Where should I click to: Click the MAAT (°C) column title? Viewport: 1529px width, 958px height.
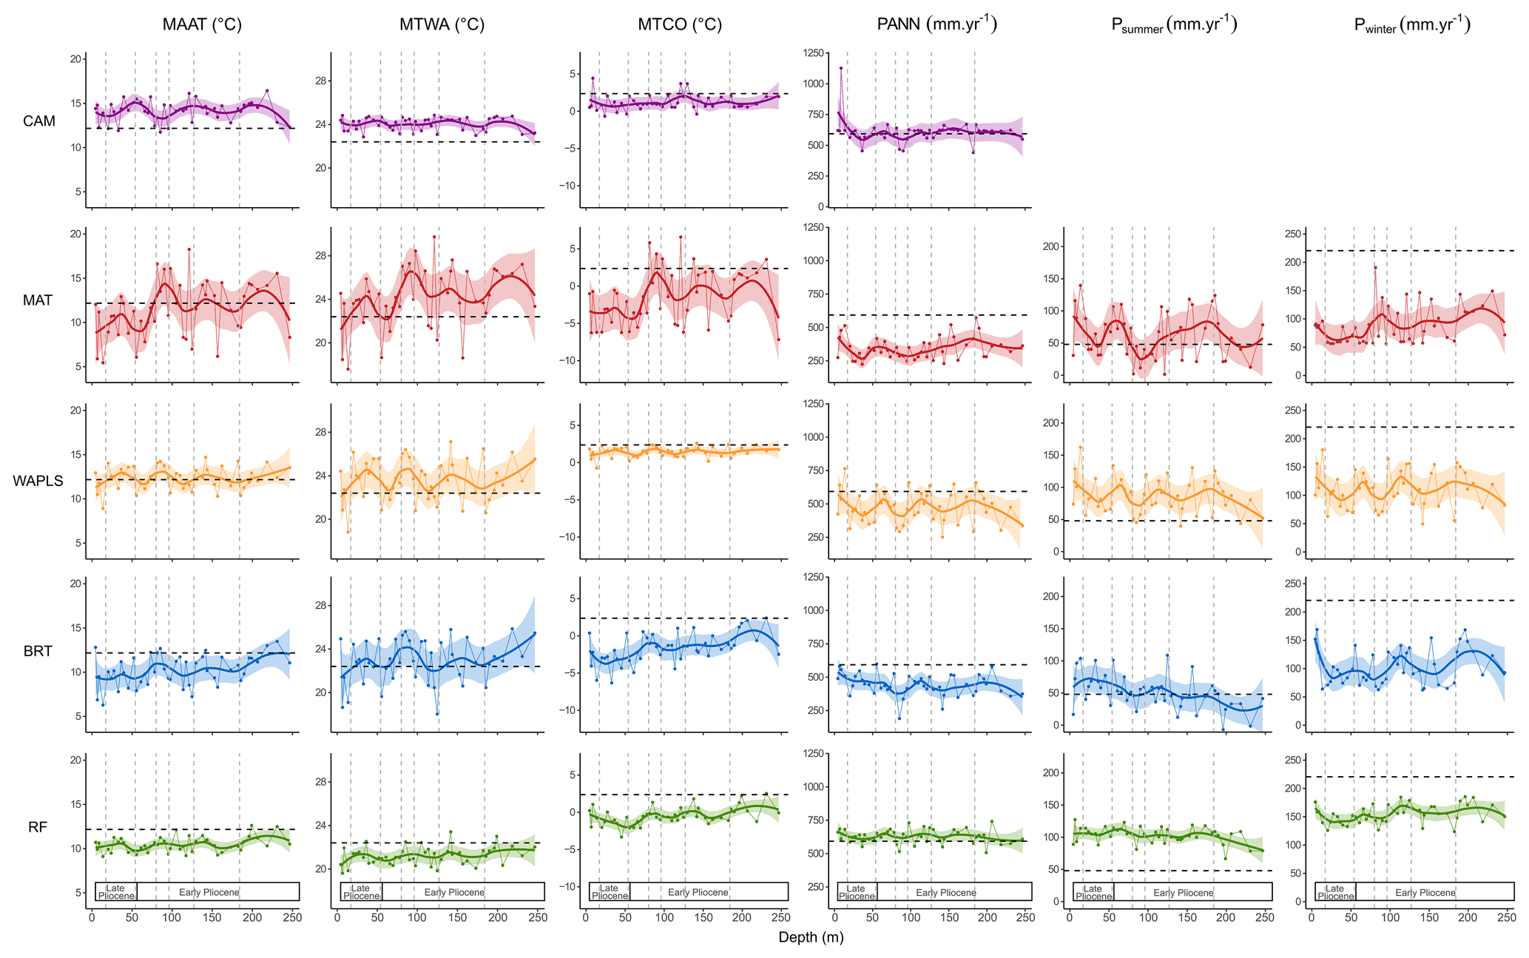pos(202,25)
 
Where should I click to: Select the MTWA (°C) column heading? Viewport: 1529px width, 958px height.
pos(442,25)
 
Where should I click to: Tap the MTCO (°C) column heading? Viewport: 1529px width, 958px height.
pos(680,25)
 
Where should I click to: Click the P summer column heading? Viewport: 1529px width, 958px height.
pos(1174,25)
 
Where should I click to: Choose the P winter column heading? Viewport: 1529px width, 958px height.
pos(1411,25)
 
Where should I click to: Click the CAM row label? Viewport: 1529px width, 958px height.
pos(39,121)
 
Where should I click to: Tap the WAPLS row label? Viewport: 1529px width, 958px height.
pos(38,481)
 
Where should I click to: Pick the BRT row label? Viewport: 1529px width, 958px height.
pos(38,652)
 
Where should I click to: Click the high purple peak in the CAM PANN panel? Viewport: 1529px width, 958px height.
pos(841,68)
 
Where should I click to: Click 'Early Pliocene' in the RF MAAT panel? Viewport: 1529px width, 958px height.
pos(209,893)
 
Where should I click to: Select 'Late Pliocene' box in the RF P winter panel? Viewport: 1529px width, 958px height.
pos(1335,893)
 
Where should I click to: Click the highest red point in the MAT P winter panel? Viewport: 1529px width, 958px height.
pos(1375,268)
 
